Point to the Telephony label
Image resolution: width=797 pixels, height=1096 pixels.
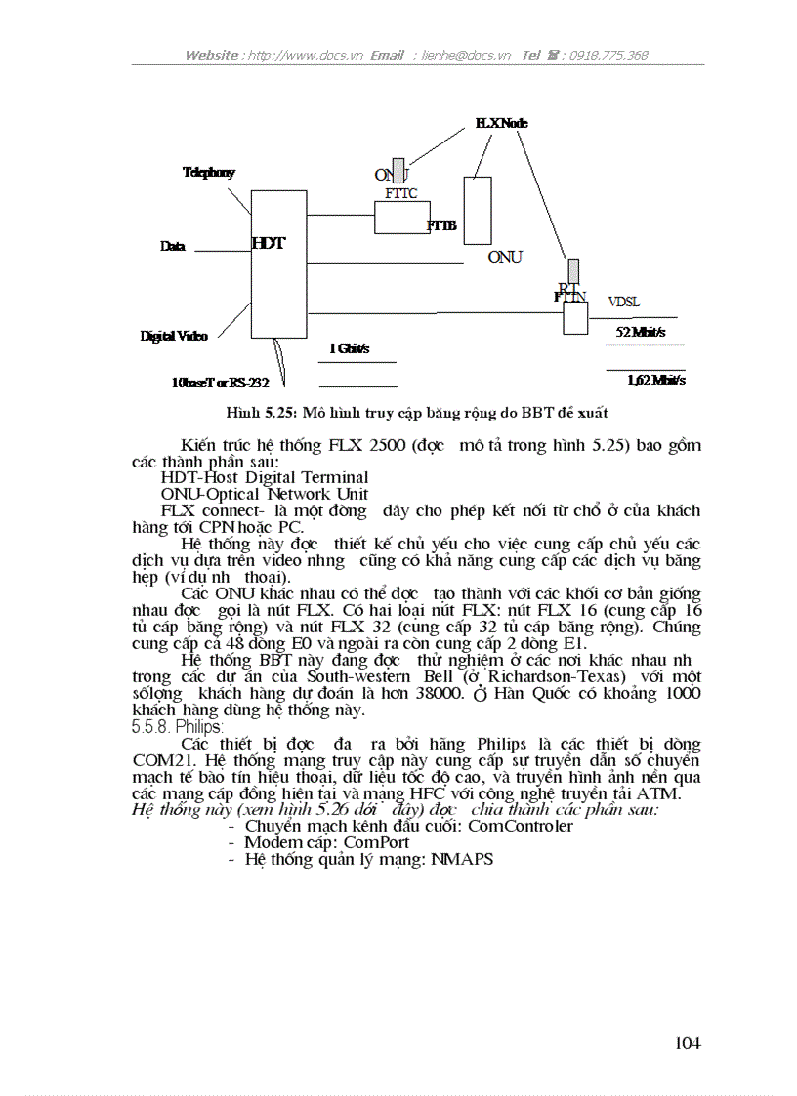pyautogui.click(x=208, y=173)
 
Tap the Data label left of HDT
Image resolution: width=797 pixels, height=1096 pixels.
pyautogui.click(x=173, y=247)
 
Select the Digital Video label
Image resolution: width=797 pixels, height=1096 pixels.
pyautogui.click(x=174, y=336)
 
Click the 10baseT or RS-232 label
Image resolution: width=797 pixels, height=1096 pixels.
pyautogui.click(x=220, y=383)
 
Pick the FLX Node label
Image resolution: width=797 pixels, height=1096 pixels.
pyautogui.click(x=501, y=123)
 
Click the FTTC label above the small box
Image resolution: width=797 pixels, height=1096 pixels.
pyautogui.click(x=400, y=193)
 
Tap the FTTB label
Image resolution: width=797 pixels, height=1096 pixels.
pyautogui.click(x=441, y=225)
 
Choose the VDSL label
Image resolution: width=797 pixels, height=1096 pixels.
pyautogui.click(x=624, y=303)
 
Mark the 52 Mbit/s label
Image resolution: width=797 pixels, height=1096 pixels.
pyautogui.click(x=640, y=332)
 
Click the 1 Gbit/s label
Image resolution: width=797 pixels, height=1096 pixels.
pyautogui.click(x=349, y=348)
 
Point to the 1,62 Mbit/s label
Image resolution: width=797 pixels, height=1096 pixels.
pyautogui.click(x=655, y=381)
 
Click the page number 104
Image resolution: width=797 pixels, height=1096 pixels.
pyautogui.click(x=688, y=1044)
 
